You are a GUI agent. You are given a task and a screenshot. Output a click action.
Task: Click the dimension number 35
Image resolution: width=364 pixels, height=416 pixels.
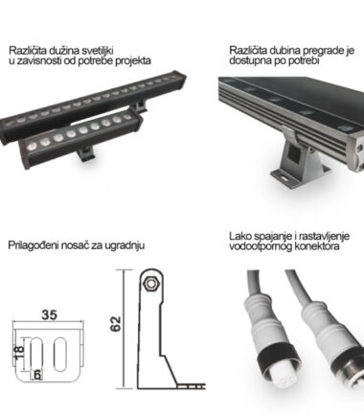[50, 314]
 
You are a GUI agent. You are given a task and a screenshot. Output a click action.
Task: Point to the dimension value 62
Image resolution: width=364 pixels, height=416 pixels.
[116, 324]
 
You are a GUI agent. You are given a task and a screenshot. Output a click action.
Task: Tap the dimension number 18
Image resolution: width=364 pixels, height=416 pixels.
[19, 352]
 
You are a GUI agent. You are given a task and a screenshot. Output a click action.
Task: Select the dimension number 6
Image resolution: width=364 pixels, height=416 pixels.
[37, 375]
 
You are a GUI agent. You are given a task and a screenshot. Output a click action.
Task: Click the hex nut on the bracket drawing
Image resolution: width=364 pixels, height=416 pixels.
[149, 283]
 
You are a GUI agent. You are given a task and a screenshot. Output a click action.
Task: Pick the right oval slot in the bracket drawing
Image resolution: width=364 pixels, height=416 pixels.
[60, 354]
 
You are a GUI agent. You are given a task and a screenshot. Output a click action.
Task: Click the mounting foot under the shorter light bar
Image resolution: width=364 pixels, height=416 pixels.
[86, 154]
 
